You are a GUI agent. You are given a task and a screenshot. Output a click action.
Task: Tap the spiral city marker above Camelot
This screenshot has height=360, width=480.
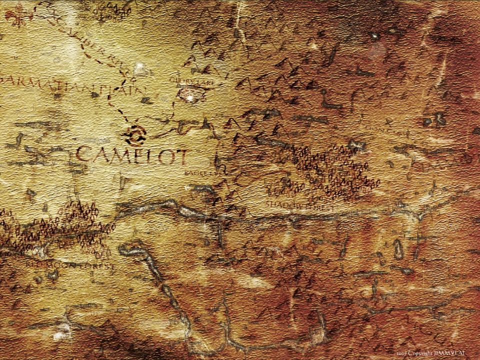point(135,134)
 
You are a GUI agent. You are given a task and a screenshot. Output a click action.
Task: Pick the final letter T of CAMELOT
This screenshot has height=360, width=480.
point(180,157)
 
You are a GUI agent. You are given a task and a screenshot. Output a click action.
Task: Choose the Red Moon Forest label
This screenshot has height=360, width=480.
point(70,265)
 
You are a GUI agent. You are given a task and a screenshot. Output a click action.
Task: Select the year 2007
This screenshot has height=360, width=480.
point(402,353)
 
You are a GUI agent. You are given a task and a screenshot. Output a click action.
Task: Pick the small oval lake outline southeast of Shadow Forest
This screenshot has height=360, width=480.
point(398,248)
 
